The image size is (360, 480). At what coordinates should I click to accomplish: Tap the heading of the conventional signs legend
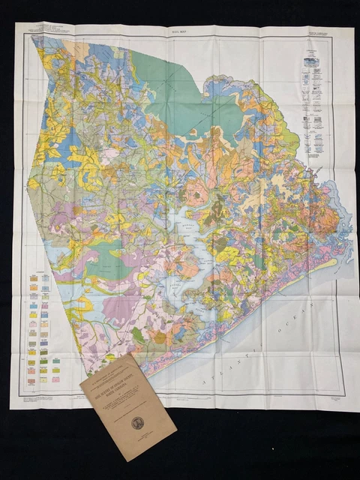(313, 46)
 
